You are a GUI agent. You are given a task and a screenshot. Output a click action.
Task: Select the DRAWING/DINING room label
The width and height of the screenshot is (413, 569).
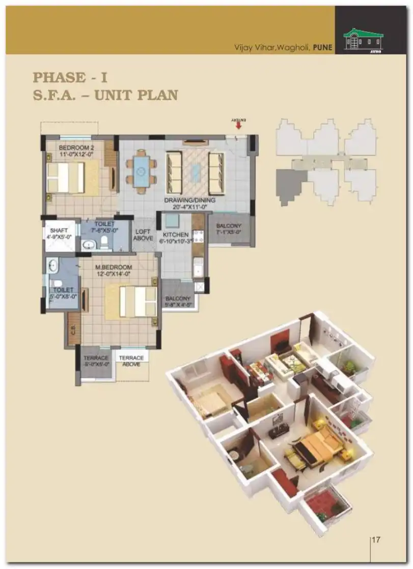click(189, 200)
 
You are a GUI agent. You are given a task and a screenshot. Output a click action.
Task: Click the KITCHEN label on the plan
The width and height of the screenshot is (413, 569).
click(176, 235)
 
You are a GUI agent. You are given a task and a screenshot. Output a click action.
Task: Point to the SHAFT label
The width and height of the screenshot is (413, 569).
click(60, 229)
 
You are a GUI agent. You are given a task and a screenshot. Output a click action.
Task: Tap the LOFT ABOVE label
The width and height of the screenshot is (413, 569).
click(143, 235)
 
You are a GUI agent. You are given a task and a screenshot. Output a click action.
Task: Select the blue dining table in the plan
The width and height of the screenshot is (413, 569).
click(142, 171)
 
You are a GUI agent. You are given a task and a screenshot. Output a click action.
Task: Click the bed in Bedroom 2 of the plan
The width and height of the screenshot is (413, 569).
click(66, 177)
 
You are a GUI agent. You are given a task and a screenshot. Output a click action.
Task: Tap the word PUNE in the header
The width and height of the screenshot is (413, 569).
click(323, 48)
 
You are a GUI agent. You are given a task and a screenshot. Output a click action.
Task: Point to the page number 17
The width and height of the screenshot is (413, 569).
click(376, 540)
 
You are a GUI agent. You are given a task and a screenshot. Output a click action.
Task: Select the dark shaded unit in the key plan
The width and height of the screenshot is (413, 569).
click(290, 186)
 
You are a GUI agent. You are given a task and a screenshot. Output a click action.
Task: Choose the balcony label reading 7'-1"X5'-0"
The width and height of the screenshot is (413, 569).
click(229, 232)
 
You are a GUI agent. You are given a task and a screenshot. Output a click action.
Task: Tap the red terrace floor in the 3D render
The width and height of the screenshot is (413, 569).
click(322, 503)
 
